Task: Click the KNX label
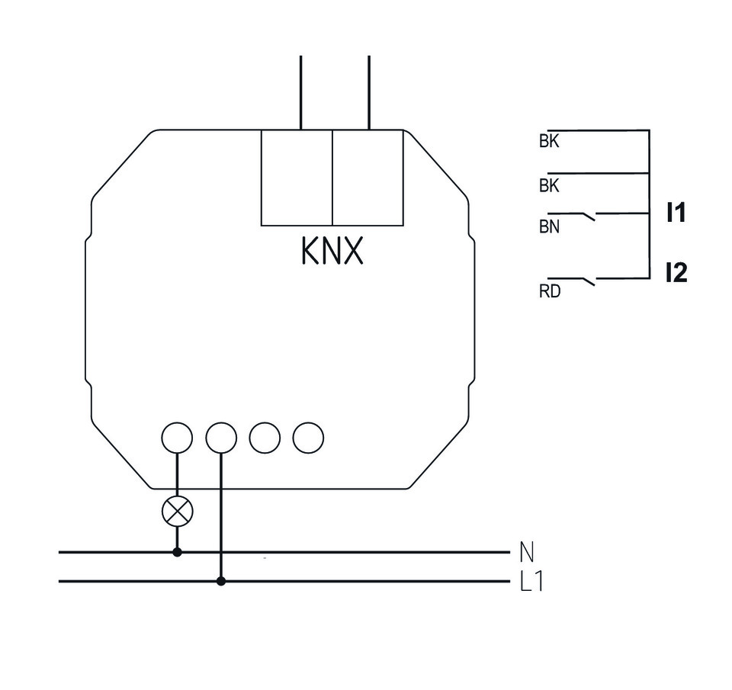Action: pyautogui.click(x=332, y=251)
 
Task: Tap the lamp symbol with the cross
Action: pyautogui.click(x=178, y=512)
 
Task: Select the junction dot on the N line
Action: pyautogui.click(x=178, y=551)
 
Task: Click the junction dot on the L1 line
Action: pyautogui.click(x=221, y=581)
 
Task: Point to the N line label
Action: pyautogui.click(x=526, y=550)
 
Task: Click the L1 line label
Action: pyautogui.click(x=531, y=582)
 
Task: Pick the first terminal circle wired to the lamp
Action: pyautogui.click(x=178, y=438)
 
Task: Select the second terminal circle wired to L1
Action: pyautogui.click(x=221, y=438)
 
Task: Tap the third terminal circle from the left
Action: pyautogui.click(x=265, y=438)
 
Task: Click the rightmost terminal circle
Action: pyautogui.click(x=309, y=438)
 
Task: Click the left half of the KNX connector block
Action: pyautogui.click(x=297, y=178)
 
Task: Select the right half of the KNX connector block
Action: pyautogui.click(x=368, y=178)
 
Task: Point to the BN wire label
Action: pyautogui.click(x=549, y=226)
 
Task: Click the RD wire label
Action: pyautogui.click(x=549, y=291)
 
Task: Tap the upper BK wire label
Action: pyautogui.click(x=549, y=142)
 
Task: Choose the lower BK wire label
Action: pyautogui.click(x=549, y=185)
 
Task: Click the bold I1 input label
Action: pyautogui.click(x=676, y=214)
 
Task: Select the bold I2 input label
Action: pyautogui.click(x=676, y=272)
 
